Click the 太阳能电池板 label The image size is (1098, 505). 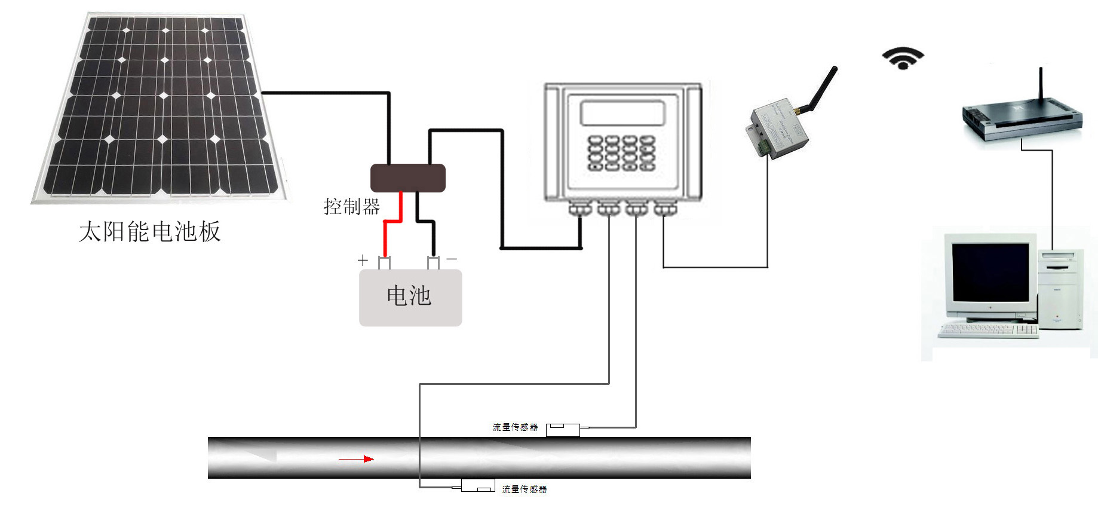[150, 232]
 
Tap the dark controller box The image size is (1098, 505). [408, 178]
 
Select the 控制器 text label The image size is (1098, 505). [352, 207]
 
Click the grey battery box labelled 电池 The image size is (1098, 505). [410, 298]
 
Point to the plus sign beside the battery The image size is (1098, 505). [363, 260]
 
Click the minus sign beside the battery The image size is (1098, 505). [452, 259]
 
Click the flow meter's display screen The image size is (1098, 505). [622, 113]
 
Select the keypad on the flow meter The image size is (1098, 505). [621, 153]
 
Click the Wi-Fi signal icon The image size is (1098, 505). [903, 58]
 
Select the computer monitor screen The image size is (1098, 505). [991, 272]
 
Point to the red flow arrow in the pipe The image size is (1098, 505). [357, 459]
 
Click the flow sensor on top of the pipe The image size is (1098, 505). [563, 429]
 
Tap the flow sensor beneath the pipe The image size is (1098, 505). [478, 486]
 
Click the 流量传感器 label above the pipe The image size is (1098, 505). [515, 427]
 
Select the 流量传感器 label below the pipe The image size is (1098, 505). [525, 489]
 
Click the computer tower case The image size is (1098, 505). [1060, 289]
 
